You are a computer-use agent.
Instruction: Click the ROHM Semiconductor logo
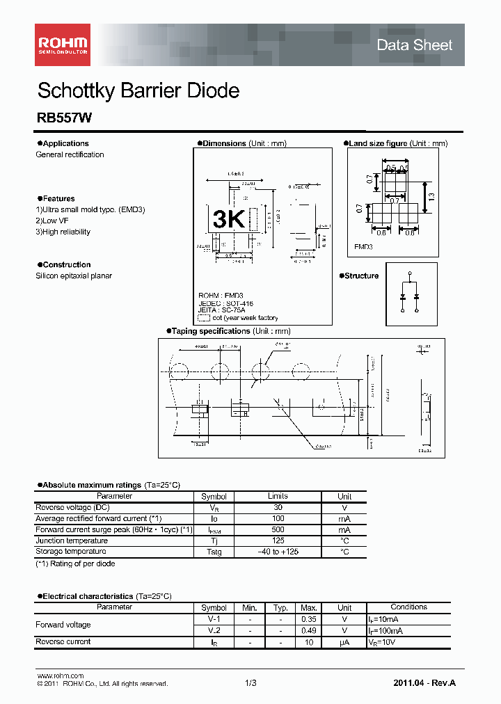click(x=62, y=45)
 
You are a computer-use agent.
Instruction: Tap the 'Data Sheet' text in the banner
click(x=414, y=45)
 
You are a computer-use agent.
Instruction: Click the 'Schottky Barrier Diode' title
click(x=138, y=90)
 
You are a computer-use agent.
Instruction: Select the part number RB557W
click(x=60, y=119)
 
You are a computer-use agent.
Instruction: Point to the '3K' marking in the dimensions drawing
click(x=228, y=220)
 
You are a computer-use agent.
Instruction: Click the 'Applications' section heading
click(x=65, y=143)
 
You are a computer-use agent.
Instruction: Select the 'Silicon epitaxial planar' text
click(x=74, y=275)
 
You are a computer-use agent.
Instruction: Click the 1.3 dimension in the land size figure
click(x=431, y=197)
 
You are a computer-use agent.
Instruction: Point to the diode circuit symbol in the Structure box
click(x=410, y=292)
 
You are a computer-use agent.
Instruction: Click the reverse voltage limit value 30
click(x=278, y=507)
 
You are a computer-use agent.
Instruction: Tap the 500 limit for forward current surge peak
click(x=278, y=529)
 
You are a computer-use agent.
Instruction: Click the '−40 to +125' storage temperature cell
click(x=278, y=552)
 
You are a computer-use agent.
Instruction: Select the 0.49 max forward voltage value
click(x=308, y=630)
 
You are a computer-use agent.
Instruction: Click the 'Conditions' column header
click(x=408, y=607)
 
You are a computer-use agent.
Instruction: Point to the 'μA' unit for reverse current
click(x=344, y=641)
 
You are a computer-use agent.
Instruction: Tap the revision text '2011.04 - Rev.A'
click(x=424, y=684)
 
